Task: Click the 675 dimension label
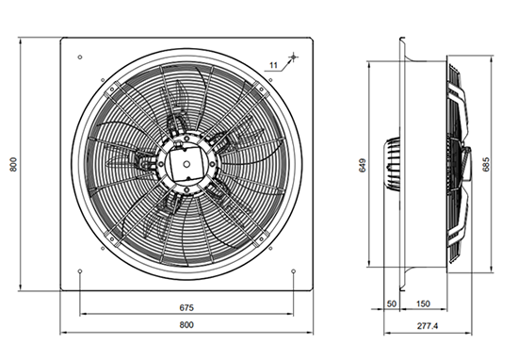tap(186, 308)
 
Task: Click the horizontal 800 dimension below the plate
tap(186, 325)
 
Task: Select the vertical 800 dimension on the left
tap(13, 164)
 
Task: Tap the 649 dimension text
tap(363, 165)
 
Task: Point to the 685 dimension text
tap(486, 164)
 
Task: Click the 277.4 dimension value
tap(428, 326)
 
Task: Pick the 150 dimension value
tap(423, 303)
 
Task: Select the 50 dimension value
tap(392, 303)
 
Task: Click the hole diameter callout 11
tap(273, 65)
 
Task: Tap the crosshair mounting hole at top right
tap(293, 57)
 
